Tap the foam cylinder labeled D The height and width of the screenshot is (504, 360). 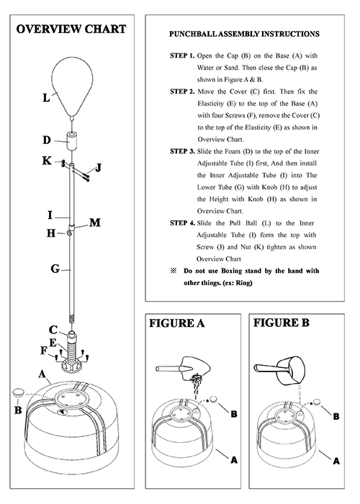pyautogui.click(x=72, y=140)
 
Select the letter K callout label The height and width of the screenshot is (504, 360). pyautogui.click(x=47, y=161)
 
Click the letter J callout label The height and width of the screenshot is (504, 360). pyautogui.click(x=99, y=168)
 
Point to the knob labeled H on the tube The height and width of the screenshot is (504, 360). pyautogui.click(x=69, y=233)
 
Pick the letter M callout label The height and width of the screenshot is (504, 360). pyautogui.click(x=95, y=222)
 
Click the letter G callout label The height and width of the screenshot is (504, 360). pyautogui.click(x=55, y=269)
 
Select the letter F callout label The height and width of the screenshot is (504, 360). pyautogui.click(x=44, y=351)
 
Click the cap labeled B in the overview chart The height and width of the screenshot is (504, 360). pyautogui.click(x=18, y=392)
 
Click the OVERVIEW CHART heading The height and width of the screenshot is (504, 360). pyautogui.click(x=71, y=30)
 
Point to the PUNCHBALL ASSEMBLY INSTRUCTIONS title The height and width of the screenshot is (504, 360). pyautogui.click(x=244, y=34)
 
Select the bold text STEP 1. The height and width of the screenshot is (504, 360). pyautogui.click(x=182, y=55)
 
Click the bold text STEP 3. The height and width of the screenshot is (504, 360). pyautogui.click(x=182, y=151)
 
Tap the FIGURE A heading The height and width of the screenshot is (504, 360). pyautogui.click(x=176, y=323)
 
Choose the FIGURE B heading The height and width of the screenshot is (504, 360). pyautogui.click(x=282, y=323)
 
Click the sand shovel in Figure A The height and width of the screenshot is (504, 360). pyautogui.click(x=183, y=368)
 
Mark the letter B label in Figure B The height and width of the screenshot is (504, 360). pyautogui.click(x=336, y=417)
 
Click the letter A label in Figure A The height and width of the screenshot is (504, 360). pyautogui.click(x=234, y=460)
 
